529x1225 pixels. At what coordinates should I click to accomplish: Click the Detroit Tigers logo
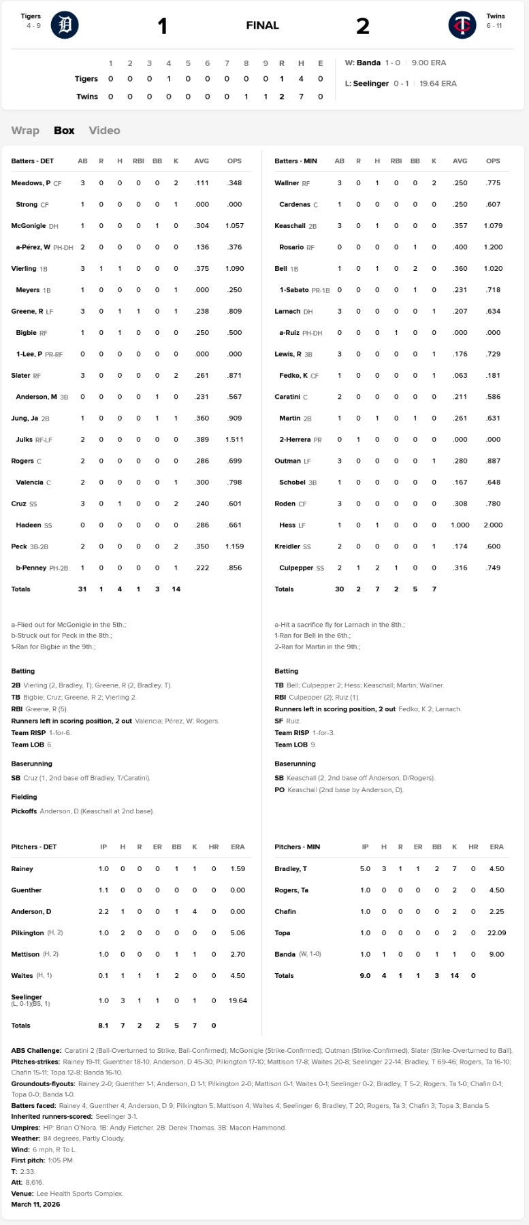point(65,25)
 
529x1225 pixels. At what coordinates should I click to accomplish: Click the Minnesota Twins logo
point(462,25)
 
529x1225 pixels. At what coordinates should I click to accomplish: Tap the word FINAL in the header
point(262,25)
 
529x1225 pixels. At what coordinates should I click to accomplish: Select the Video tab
point(104,130)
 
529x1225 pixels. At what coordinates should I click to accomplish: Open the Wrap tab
point(25,130)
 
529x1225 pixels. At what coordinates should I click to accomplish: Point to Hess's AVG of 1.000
point(460,525)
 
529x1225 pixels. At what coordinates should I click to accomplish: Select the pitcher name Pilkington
point(27,932)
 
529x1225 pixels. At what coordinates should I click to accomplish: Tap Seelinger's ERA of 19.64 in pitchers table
point(238,1000)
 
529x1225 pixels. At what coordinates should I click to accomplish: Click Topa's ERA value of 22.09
point(496,932)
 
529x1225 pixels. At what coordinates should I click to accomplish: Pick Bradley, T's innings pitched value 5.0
point(365,868)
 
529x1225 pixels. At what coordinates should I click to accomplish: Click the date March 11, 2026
point(35,1204)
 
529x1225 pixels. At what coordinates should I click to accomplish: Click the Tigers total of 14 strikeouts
point(176,589)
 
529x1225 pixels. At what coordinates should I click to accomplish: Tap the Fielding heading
point(24,796)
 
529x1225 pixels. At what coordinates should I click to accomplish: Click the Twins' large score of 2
point(363,26)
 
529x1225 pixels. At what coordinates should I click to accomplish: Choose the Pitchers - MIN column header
point(297,847)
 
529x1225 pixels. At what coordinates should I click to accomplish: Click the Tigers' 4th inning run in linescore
point(169,79)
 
